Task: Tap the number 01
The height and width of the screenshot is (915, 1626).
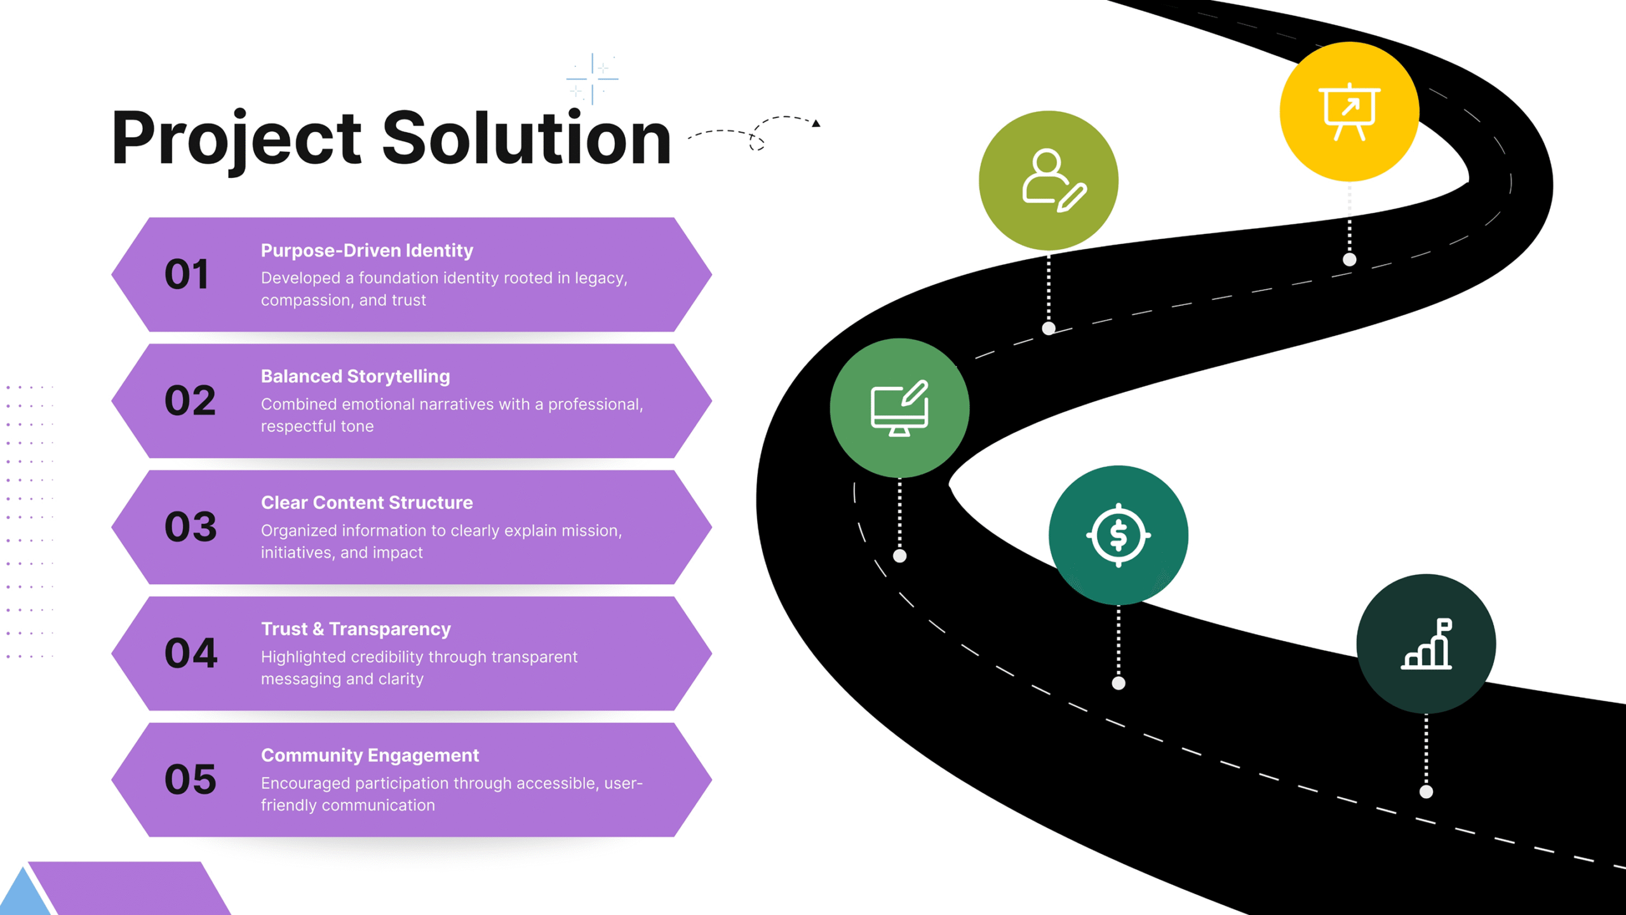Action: pos(186,274)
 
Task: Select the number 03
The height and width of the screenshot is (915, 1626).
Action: pos(191,527)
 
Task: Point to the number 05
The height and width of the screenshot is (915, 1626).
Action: pos(191,780)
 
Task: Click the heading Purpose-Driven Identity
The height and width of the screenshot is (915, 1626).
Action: pos(366,250)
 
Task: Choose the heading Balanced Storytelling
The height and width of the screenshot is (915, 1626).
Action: pos(355,376)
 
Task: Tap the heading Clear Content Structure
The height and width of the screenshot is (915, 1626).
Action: pos(366,503)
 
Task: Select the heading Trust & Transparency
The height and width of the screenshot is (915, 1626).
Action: pos(356,629)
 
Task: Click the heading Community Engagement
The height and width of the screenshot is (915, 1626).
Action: pos(370,755)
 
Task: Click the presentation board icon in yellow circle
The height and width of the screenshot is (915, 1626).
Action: pos(1349,112)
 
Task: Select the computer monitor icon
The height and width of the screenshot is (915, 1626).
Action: pos(899,409)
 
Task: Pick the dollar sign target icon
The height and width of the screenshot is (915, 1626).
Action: pos(1118,535)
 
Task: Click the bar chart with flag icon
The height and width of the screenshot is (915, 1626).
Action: pos(1427,644)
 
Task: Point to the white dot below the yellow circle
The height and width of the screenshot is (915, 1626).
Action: pos(1350,259)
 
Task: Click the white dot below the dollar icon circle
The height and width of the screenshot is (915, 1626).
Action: pos(1119,683)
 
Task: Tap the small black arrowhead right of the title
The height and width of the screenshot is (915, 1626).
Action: pos(816,123)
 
